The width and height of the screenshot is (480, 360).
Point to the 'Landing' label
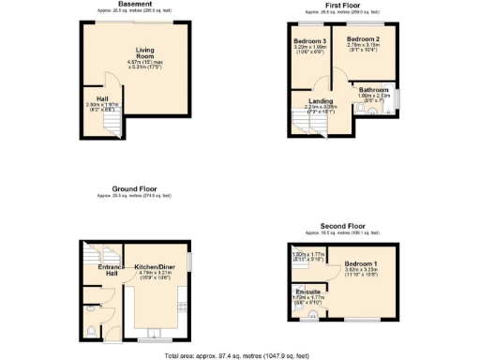click(320, 100)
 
